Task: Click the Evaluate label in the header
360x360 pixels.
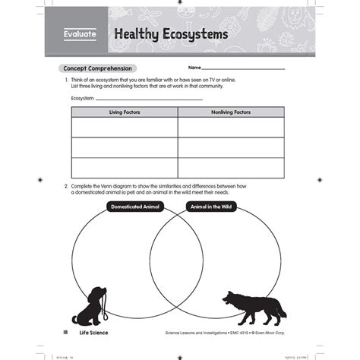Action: tap(80, 36)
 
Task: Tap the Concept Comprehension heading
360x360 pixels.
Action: tap(97, 68)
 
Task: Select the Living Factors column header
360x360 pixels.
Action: tap(125, 112)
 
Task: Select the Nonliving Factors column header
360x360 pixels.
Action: tap(231, 112)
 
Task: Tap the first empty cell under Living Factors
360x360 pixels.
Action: tap(125, 127)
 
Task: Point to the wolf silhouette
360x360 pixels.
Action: tap(251, 304)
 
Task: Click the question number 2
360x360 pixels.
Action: tap(67, 186)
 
